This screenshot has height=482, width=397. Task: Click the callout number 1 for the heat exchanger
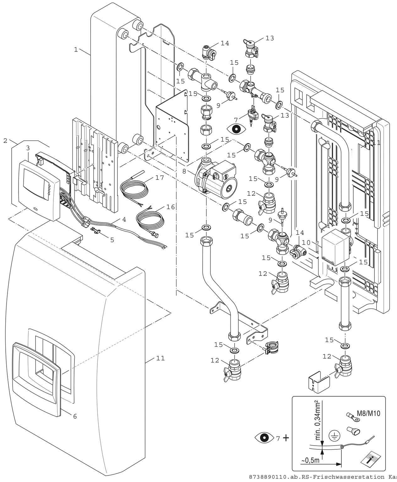tap(76, 50)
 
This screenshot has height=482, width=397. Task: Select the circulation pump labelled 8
tap(214, 177)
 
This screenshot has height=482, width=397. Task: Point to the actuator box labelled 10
tap(335, 247)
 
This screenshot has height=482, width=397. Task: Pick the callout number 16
tap(171, 207)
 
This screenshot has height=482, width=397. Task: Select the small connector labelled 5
tap(95, 232)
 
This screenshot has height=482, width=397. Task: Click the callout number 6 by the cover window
tap(75, 416)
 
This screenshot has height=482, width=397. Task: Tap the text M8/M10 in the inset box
tap(368, 413)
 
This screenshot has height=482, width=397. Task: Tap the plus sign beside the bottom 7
tap(286, 438)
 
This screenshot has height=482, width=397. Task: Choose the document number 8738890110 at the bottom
tap(268, 477)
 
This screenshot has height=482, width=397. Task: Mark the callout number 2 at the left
tap(5, 141)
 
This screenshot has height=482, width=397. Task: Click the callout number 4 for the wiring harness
tap(124, 220)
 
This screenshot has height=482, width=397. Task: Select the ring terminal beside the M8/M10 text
tap(351, 417)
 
